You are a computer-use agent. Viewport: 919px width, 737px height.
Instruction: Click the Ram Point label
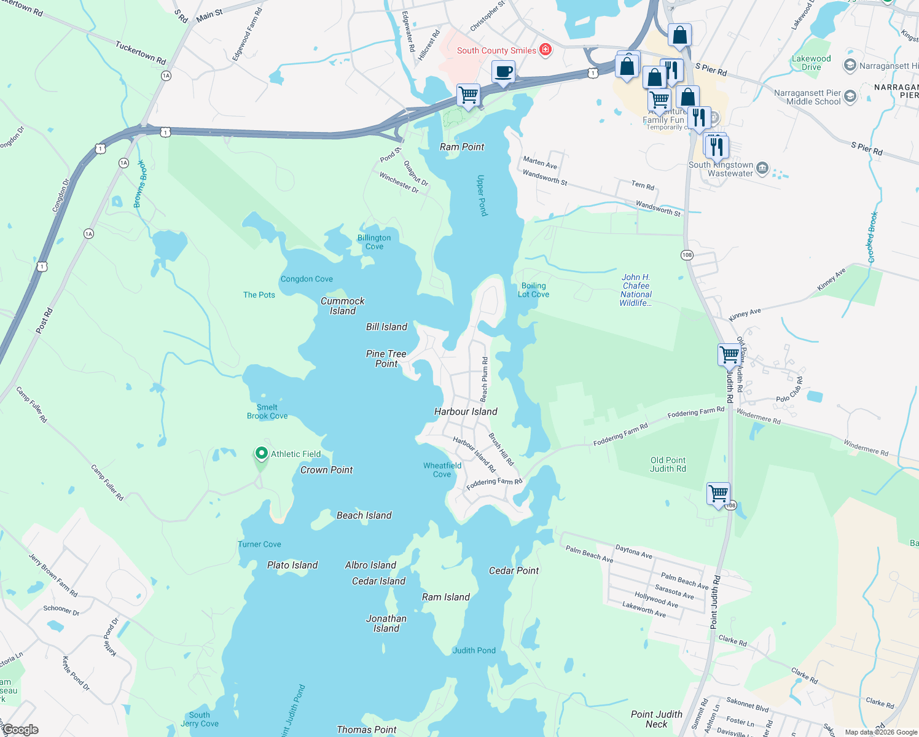pos(462,147)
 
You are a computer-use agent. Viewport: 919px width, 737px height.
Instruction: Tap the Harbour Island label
pos(466,411)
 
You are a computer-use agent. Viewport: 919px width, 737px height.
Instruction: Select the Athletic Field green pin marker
pos(261,454)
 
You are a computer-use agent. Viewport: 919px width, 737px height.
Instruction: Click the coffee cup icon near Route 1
pos(503,72)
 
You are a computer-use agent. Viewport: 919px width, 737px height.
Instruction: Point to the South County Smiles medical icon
pos(545,50)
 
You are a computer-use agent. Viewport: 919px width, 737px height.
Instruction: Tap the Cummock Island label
pos(343,306)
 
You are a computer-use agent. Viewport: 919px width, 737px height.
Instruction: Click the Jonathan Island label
pos(386,623)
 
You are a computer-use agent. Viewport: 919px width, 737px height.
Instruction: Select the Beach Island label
pos(364,515)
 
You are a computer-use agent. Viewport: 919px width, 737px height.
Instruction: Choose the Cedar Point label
pos(514,571)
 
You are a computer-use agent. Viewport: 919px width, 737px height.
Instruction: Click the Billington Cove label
pos(374,242)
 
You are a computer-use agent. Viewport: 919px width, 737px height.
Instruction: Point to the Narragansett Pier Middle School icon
pos(850,96)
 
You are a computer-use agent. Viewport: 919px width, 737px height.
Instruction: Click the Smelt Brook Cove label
pos(267,411)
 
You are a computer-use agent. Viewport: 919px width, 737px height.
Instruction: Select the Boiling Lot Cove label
pos(533,290)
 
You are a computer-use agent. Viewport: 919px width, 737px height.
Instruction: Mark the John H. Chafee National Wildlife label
pos(636,290)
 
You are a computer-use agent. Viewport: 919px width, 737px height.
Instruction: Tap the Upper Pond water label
pos(482,195)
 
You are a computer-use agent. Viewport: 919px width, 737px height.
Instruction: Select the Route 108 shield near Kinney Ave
pos(687,254)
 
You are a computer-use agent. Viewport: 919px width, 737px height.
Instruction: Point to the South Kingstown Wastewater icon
pos(762,168)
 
